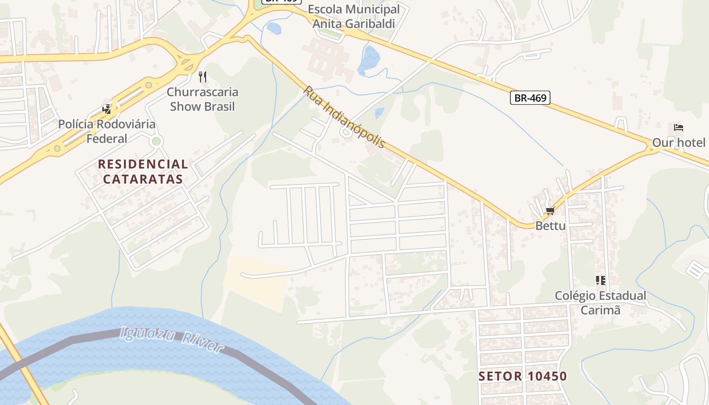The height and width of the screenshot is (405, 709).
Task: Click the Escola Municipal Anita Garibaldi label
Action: (x=353, y=16)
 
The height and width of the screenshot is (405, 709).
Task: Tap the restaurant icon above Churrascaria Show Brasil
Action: (x=203, y=77)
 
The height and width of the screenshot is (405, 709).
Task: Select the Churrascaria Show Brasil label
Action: (x=203, y=99)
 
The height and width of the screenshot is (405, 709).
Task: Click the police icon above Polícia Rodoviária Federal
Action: (x=107, y=109)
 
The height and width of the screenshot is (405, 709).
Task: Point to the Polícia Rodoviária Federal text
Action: (x=107, y=131)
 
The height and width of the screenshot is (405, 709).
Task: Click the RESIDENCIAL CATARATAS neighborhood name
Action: (x=143, y=172)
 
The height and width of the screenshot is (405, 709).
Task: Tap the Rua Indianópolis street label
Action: (x=344, y=117)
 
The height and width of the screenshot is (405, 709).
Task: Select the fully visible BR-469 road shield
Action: (x=530, y=98)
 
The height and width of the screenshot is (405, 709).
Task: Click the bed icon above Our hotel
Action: (x=679, y=127)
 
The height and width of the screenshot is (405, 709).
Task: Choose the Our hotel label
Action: (x=679, y=142)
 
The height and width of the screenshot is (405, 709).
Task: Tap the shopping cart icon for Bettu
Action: (x=550, y=211)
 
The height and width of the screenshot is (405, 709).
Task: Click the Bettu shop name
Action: (x=550, y=226)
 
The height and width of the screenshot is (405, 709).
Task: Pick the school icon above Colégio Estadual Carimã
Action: (x=601, y=280)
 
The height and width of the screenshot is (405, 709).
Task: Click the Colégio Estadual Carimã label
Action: (x=601, y=303)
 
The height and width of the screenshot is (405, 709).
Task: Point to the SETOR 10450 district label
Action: (x=523, y=376)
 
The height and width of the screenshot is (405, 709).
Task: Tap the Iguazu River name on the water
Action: (x=172, y=339)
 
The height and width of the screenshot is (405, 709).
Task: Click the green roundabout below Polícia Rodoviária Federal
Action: (x=156, y=141)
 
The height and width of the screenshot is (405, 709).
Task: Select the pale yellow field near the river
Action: (x=256, y=281)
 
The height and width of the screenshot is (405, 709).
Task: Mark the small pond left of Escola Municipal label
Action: (x=273, y=28)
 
